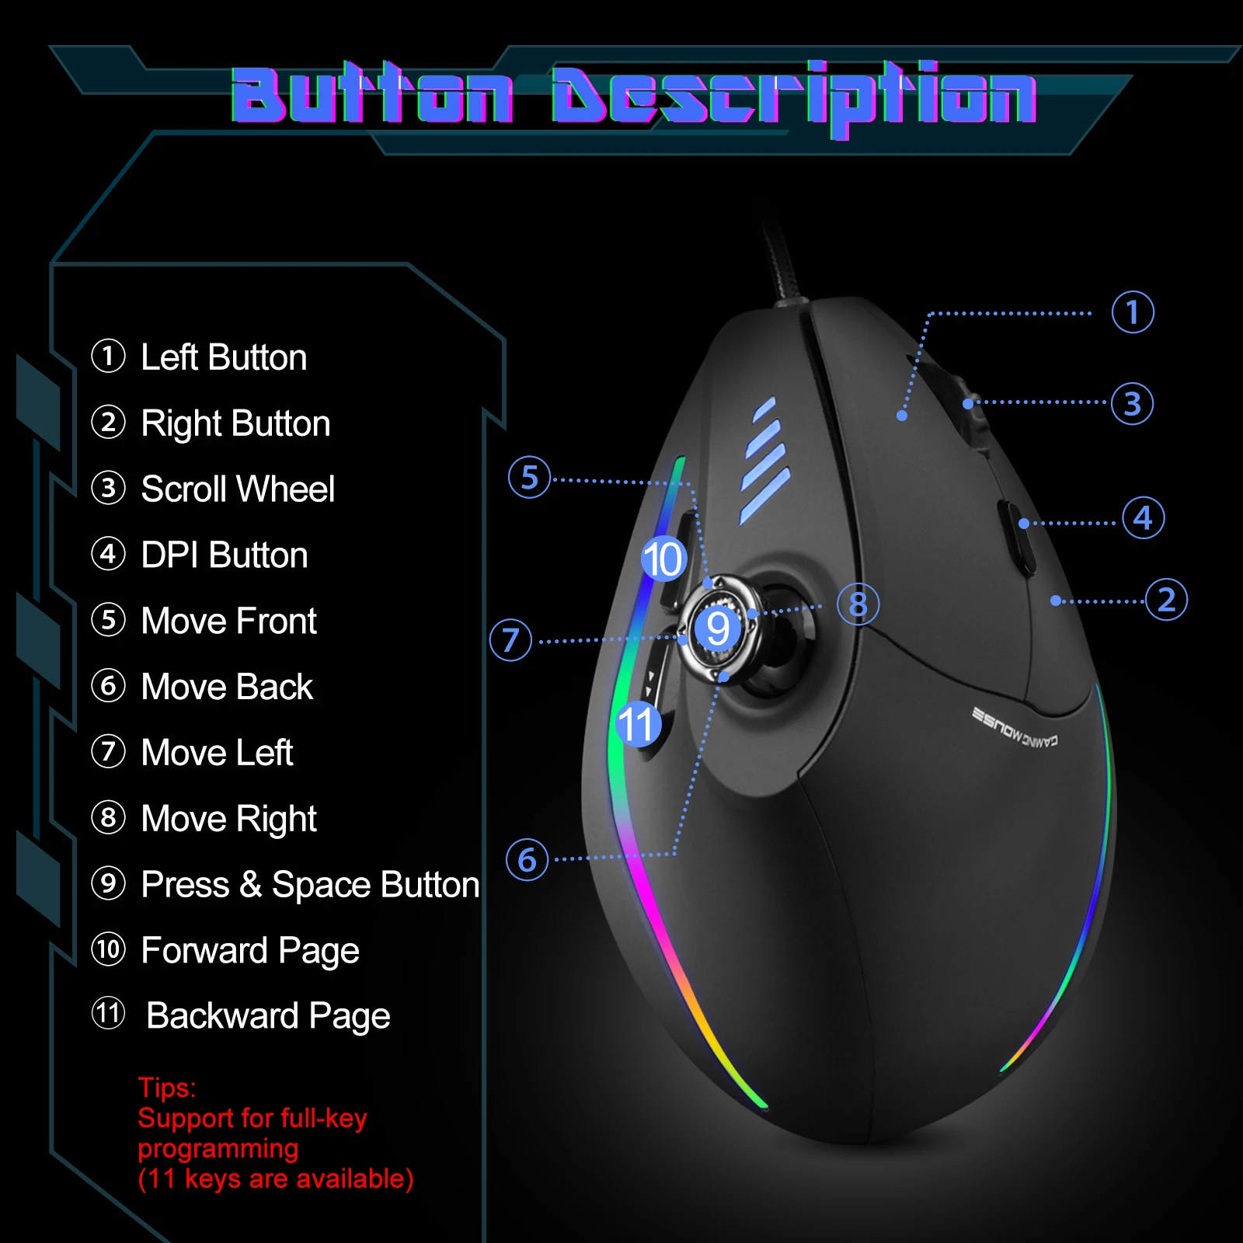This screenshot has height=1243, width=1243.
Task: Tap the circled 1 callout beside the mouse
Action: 1132,312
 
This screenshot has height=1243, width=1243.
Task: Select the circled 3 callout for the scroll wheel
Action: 1132,404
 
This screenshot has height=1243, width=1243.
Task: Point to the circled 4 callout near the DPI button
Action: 1143,517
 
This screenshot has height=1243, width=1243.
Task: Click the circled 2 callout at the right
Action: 1166,600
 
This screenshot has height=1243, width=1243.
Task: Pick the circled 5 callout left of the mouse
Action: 529,477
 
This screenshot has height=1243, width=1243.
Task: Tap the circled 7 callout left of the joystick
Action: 510,640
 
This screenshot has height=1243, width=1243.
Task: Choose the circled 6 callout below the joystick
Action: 527,859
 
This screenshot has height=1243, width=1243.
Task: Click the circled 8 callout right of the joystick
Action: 858,604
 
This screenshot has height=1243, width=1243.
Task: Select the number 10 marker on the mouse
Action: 663,559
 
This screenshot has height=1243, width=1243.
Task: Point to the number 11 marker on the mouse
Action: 638,724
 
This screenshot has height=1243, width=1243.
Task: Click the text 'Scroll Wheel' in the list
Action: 238,489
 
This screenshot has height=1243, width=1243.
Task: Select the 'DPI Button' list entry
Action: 225,555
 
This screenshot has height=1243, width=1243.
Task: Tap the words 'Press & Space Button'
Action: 310,885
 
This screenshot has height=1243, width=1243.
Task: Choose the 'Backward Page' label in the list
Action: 268,1016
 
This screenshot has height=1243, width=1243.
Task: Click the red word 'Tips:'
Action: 167,1088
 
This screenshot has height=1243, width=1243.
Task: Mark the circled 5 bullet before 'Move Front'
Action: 108,620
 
